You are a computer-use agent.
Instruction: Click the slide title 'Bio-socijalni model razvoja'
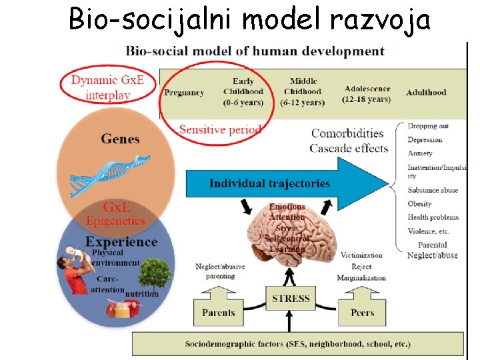click(x=249, y=20)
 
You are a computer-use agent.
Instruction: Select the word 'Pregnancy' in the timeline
click(x=183, y=93)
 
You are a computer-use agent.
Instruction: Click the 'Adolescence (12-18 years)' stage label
click(x=367, y=94)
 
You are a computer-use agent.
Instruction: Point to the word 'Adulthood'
click(x=425, y=92)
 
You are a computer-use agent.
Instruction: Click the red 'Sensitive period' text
click(x=219, y=129)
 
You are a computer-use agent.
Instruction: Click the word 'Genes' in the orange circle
click(x=120, y=139)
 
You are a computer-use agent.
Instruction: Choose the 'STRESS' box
click(x=291, y=298)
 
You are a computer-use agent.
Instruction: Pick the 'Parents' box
click(x=219, y=312)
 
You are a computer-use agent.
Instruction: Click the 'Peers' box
click(x=362, y=312)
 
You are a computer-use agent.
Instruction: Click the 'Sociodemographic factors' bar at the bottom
click(x=297, y=344)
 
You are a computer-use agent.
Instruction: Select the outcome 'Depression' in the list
click(x=425, y=140)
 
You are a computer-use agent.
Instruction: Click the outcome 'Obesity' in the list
click(x=420, y=204)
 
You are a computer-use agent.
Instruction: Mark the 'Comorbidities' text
click(x=347, y=133)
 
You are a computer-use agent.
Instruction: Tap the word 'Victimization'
click(x=361, y=255)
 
